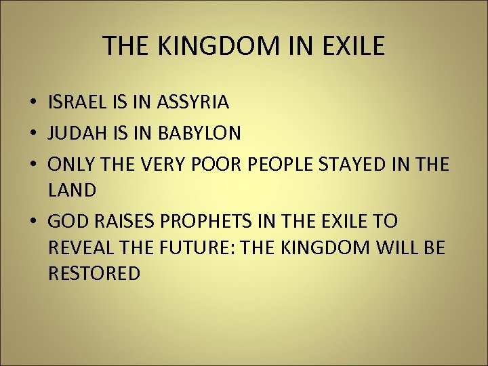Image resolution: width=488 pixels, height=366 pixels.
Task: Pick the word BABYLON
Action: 199,134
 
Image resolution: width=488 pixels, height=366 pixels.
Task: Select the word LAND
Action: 73,191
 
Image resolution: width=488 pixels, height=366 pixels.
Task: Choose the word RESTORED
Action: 95,274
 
